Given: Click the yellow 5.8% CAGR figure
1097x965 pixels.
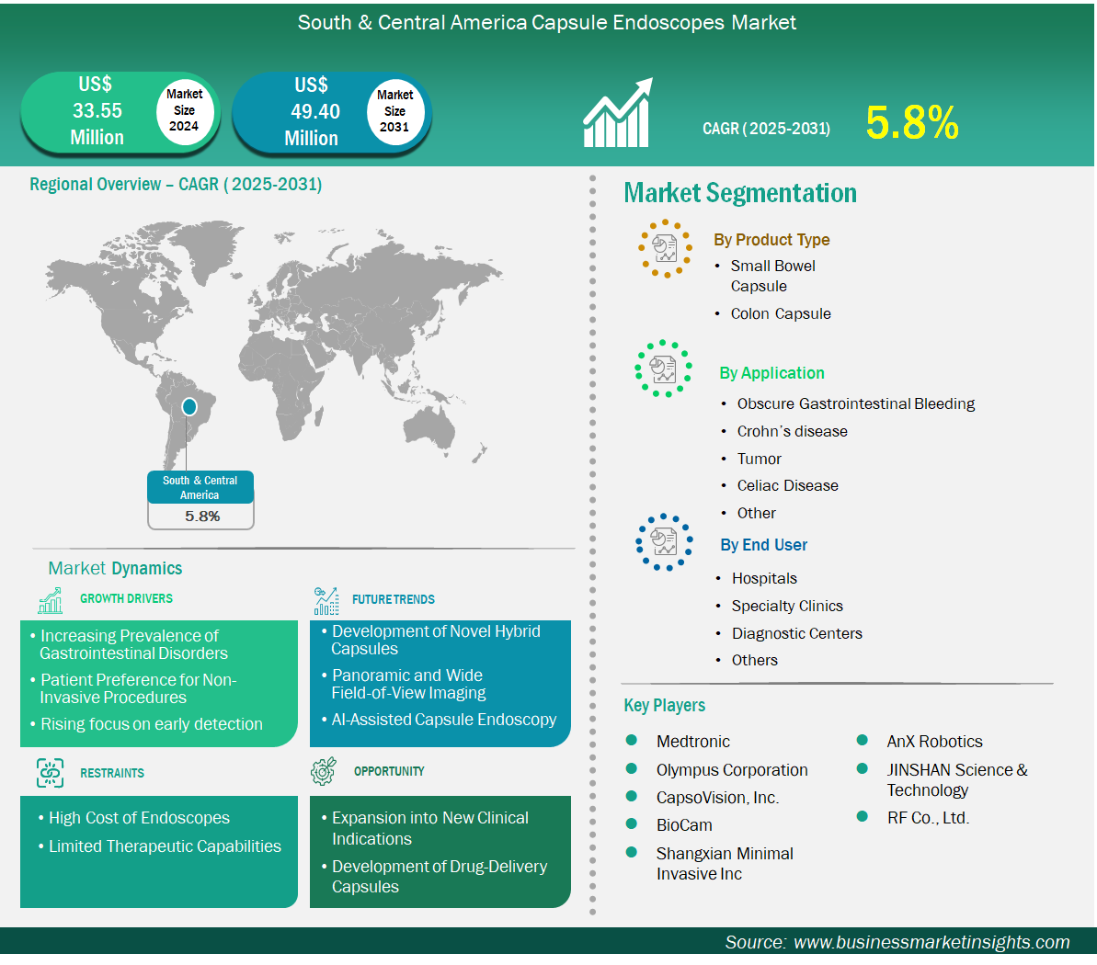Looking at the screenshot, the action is [911, 123].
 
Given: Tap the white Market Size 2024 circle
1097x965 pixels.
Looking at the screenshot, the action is [184, 110].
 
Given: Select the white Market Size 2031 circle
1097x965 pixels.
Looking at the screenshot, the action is [395, 111].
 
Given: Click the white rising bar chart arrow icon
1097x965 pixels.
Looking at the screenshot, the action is [618, 112].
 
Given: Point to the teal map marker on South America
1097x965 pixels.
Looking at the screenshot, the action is [189, 406].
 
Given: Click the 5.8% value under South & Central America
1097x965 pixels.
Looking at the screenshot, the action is [202, 517].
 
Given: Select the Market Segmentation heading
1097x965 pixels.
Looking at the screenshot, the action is [740, 193].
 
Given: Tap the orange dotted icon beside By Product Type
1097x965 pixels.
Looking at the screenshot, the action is [666, 248].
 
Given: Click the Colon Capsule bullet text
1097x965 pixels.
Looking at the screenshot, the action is [781, 314].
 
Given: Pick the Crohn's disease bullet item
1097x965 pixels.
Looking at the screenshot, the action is [792, 431].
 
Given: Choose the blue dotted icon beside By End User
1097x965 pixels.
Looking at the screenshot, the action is [664, 542].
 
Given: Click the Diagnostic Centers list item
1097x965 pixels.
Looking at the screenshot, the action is [797, 633].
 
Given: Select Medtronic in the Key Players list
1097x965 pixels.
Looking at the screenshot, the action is [692, 742].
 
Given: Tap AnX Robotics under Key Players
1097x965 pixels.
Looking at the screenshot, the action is [934, 742].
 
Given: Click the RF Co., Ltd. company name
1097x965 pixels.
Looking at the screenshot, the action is [929, 817].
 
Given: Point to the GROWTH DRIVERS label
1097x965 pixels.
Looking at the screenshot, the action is [126, 598].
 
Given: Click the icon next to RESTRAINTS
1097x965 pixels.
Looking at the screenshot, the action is [50, 773].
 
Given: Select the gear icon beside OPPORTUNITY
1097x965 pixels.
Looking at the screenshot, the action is [324, 770].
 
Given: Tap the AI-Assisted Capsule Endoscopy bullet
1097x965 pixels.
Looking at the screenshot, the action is [443, 720].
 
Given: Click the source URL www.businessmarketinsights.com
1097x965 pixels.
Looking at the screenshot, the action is [931, 942].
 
